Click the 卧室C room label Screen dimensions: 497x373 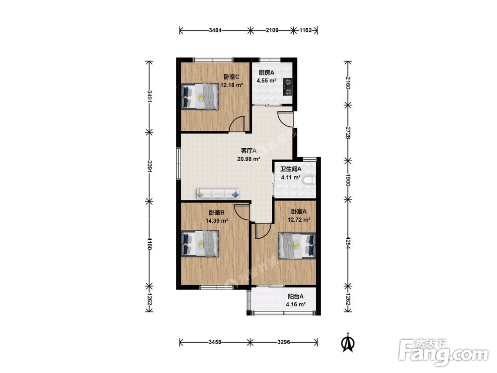click(x=232, y=77)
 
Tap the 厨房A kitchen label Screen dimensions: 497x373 click(x=266, y=73)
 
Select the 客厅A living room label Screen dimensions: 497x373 click(x=248, y=151)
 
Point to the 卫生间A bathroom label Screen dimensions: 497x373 click(x=291, y=169)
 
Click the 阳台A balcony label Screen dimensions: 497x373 click(x=296, y=296)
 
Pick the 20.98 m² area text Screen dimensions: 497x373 click(x=249, y=159)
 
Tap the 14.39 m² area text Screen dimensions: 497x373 click(x=217, y=221)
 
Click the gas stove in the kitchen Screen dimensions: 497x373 click(x=287, y=87)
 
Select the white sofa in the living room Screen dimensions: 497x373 click(x=218, y=193)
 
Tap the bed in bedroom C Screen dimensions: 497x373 click(x=200, y=97)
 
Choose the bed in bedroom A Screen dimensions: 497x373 click(x=297, y=246)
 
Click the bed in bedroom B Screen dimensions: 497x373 click(x=200, y=244)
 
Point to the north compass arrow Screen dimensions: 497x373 click(x=348, y=343)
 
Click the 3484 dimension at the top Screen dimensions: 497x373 click(x=215, y=30)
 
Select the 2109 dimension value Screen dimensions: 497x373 click(x=272, y=30)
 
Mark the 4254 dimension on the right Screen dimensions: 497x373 click(x=348, y=243)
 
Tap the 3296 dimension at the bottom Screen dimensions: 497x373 click(x=284, y=342)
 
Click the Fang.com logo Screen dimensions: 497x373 click(x=444, y=352)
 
